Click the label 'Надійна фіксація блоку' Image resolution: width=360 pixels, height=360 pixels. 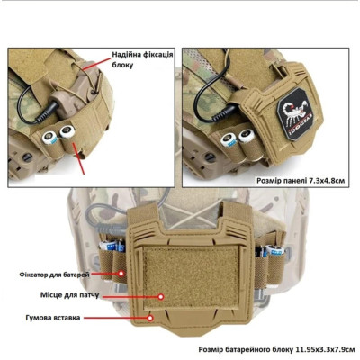pos(142,59)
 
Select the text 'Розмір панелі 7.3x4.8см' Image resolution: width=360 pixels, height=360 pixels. pos(301,181)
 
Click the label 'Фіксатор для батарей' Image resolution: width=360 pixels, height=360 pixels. pos(54,274)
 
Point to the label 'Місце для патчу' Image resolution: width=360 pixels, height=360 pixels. pos(69,295)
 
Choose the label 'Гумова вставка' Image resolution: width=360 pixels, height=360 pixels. pos(53,318)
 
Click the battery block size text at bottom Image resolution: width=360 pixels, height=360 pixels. pos(276,349)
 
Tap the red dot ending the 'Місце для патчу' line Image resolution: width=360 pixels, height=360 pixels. pos(161,297)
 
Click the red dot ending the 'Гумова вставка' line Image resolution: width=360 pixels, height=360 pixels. pos(150,318)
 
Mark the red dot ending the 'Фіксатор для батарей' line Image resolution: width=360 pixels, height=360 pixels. pos(121,274)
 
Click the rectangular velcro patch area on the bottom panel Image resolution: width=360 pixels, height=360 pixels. pos(190,278)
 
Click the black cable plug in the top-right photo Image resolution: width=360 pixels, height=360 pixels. pos(227,112)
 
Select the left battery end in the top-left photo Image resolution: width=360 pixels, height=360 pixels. pos(49,138)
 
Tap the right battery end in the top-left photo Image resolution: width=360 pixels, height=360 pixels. pos(67,131)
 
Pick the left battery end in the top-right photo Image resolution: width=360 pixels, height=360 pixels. pos(229,140)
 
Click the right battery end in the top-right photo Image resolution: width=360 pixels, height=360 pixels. pos(247,135)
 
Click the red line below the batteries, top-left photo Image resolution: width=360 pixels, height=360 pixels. pos(79,159)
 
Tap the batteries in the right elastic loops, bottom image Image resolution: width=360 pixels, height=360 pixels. pos(269,249)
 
